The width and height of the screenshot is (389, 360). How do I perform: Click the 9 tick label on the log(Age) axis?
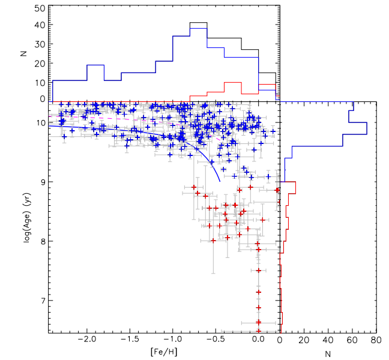pos(43,182)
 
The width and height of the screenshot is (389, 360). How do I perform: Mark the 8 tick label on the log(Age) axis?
pos(43,241)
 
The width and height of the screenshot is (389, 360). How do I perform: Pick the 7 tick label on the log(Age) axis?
pos(43,301)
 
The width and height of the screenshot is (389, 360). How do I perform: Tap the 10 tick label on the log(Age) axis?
pos(41,123)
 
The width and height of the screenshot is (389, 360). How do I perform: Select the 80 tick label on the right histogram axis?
pos(375,340)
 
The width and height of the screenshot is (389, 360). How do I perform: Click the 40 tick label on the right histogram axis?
pos(328,340)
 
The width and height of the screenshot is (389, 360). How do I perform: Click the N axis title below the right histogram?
pos(328,352)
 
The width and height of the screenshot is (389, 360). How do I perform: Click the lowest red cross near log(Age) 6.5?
pos(259,331)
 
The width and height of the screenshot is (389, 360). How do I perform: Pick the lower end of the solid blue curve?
pos(219,180)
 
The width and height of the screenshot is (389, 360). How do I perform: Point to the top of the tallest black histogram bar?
pos(198,23)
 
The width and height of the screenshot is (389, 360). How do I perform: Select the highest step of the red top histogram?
pos(249,82)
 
